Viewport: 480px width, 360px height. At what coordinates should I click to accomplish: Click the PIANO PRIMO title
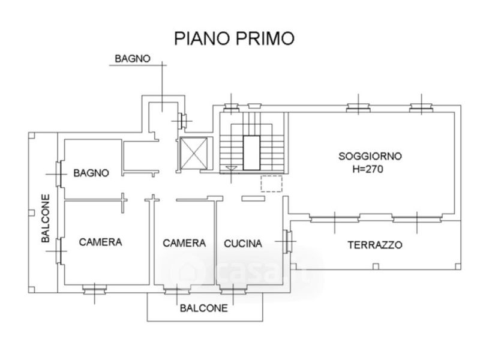tap(234, 38)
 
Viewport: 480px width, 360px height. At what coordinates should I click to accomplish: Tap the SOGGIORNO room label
tap(370, 156)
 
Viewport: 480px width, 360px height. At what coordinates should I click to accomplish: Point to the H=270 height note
tap(368, 169)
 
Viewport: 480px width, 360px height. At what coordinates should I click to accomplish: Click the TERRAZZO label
tap(375, 245)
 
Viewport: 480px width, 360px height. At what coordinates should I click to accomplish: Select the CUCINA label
tap(243, 244)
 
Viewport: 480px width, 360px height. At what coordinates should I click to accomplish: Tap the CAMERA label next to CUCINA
tap(184, 243)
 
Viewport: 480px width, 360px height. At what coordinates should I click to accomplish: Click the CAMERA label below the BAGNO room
tap(100, 242)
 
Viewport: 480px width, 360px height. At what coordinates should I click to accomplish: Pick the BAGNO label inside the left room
tap(91, 173)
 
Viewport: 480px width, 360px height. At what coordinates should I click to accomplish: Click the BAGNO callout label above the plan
tap(133, 58)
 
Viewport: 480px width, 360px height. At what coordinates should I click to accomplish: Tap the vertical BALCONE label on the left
tap(46, 218)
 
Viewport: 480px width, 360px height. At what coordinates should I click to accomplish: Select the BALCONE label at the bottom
tap(204, 308)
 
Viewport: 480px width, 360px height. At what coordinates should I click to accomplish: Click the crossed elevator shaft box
tap(193, 153)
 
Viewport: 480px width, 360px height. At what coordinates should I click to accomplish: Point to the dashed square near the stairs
tap(272, 184)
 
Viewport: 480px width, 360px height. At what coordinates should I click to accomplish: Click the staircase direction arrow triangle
tap(231, 168)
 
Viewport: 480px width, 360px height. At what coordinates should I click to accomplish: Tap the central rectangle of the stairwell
tap(251, 153)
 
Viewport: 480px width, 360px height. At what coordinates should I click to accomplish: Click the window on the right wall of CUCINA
tap(287, 242)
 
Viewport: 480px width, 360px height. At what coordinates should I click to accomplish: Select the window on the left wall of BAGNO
tap(59, 174)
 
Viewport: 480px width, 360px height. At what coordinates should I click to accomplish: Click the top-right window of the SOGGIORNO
tap(421, 107)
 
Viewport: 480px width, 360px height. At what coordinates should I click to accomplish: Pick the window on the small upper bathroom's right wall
tap(183, 121)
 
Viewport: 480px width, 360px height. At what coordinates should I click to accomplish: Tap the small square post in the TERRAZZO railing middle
tap(376, 266)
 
